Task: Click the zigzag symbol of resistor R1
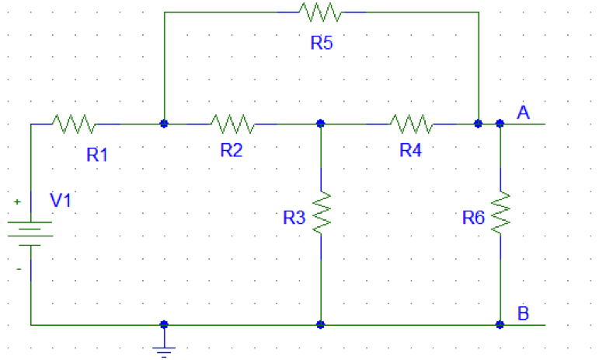tap(74, 123)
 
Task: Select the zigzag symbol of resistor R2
tap(232, 123)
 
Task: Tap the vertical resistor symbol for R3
tap(321, 211)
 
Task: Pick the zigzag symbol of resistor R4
tap(412, 123)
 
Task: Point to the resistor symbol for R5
tap(320, 12)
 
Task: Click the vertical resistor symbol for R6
tap(500, 211)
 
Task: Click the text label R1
tap(97, 154)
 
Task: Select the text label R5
tap(322, 44)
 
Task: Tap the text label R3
tap(294, 218)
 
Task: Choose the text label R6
tap(474, 218)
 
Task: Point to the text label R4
tap(411, 151)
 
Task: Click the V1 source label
tap(61, 200)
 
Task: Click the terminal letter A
tap(524, 114)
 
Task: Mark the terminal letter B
tap(524, 314)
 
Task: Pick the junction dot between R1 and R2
tap(164, 123)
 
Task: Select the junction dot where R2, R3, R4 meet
tap(321, 123)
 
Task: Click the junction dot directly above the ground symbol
tap(164, 324)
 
